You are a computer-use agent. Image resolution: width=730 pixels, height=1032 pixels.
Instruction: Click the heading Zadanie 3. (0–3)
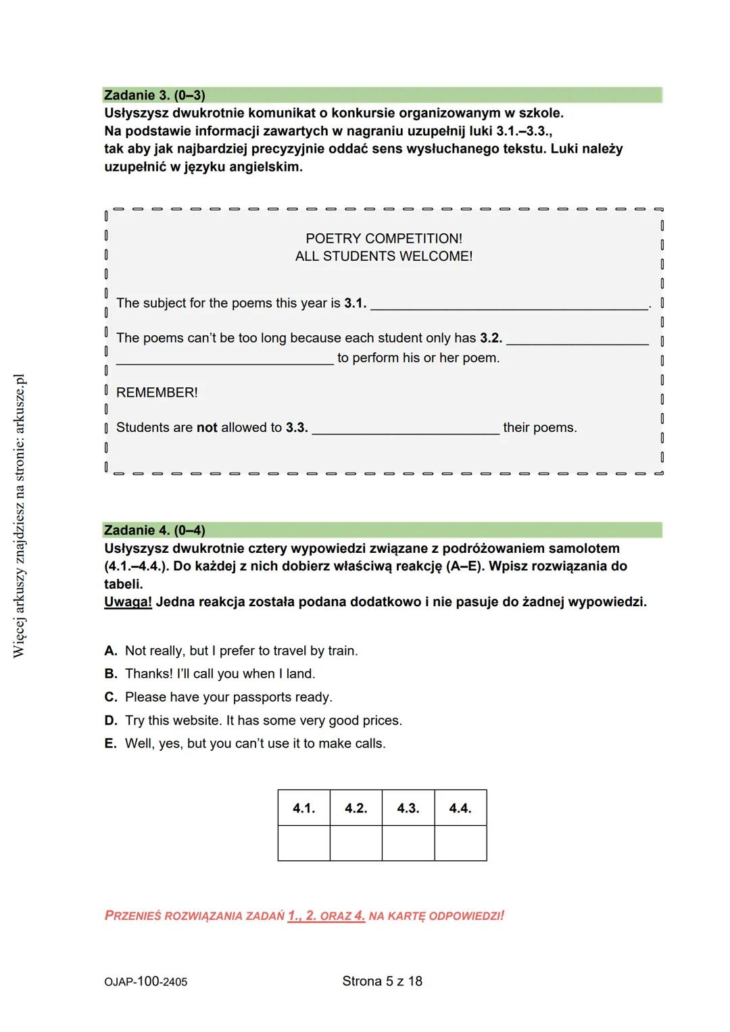click(x=155, y=95)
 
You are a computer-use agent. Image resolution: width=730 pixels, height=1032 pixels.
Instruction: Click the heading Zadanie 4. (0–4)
click(x=155, y=531)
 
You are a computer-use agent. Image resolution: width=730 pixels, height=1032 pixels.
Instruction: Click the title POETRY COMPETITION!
click(x=384, y=239)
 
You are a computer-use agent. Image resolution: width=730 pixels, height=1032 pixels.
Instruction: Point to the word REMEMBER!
click(x=157, y=393)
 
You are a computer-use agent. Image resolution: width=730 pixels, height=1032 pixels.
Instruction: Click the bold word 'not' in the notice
click(x=207, y=428)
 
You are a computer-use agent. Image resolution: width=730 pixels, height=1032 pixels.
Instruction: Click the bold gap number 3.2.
click(x=491, y=338)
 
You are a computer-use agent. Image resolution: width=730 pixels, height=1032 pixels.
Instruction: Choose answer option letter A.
click(x=111, y=651)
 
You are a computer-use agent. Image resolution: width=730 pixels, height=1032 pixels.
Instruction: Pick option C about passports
click(x=228, y=697)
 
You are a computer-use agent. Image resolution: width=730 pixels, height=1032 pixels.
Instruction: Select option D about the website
click(x=263, y=720)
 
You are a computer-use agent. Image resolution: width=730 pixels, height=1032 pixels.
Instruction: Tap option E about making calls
click(x=255, y=743)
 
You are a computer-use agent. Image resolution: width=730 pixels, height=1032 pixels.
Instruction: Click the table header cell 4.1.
click(x=303, y=808)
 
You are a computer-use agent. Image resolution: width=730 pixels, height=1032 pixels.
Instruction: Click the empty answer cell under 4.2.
click(x=356, y=843)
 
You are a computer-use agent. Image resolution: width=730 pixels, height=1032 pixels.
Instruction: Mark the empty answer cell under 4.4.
click(x=460, y=843)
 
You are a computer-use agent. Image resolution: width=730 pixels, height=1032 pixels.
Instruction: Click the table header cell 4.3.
click(x=408, y=808)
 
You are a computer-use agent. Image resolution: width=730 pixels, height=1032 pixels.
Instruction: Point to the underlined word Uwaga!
click(x=128, y=602)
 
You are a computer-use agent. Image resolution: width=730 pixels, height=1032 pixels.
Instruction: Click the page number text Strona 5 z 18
click(x=382, y=981)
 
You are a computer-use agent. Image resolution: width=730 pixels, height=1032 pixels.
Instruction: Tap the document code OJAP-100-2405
click(x=146, y=982)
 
